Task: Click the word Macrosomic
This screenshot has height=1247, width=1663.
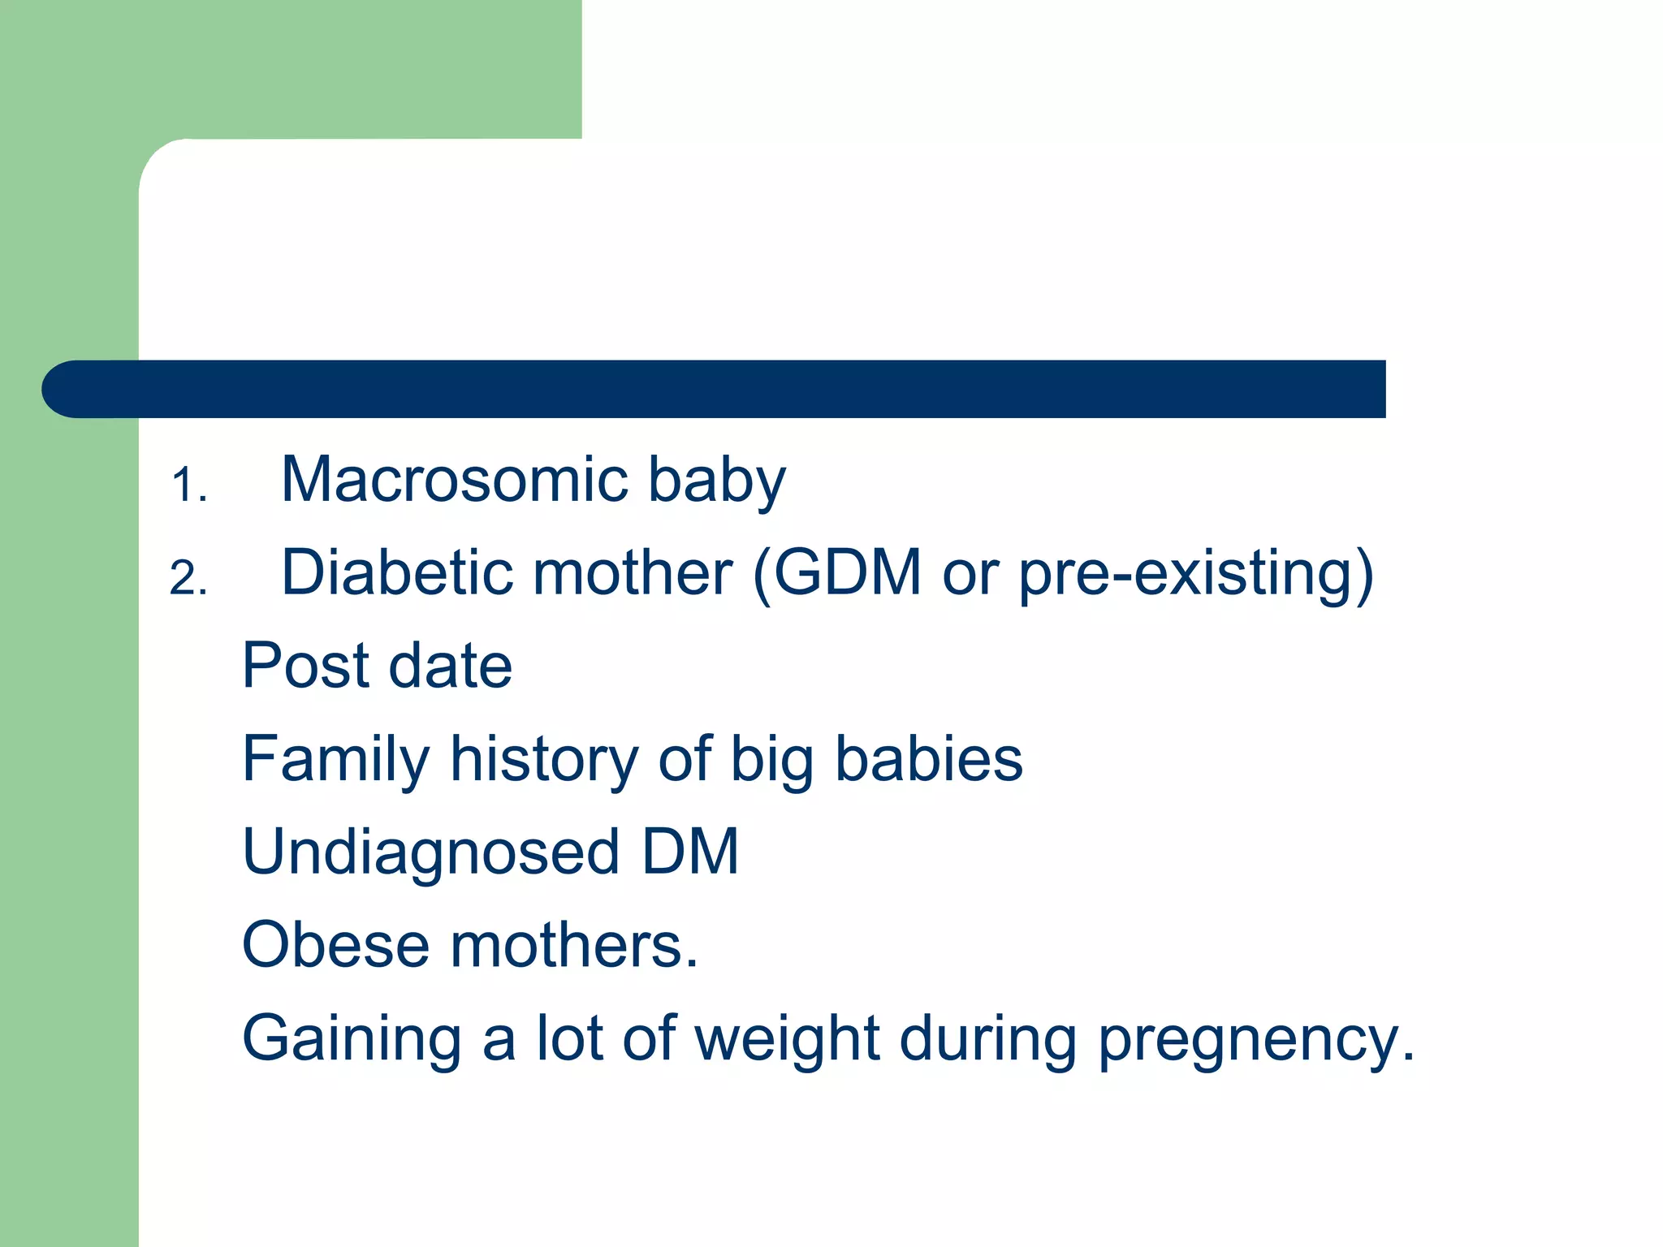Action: click(454, 480)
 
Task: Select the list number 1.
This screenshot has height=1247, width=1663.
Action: click(188, 485)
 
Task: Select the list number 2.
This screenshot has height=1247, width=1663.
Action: click(188, 579)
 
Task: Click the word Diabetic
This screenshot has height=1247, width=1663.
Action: click(396, 572)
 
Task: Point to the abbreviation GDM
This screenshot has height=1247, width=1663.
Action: click(847, 572)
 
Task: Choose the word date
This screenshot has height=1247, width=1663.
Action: click(451, 666)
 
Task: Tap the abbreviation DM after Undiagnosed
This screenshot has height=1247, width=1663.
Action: click(690, 852)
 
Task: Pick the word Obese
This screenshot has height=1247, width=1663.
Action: click(335, 945)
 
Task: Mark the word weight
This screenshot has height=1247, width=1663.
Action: click(787, 1039)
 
